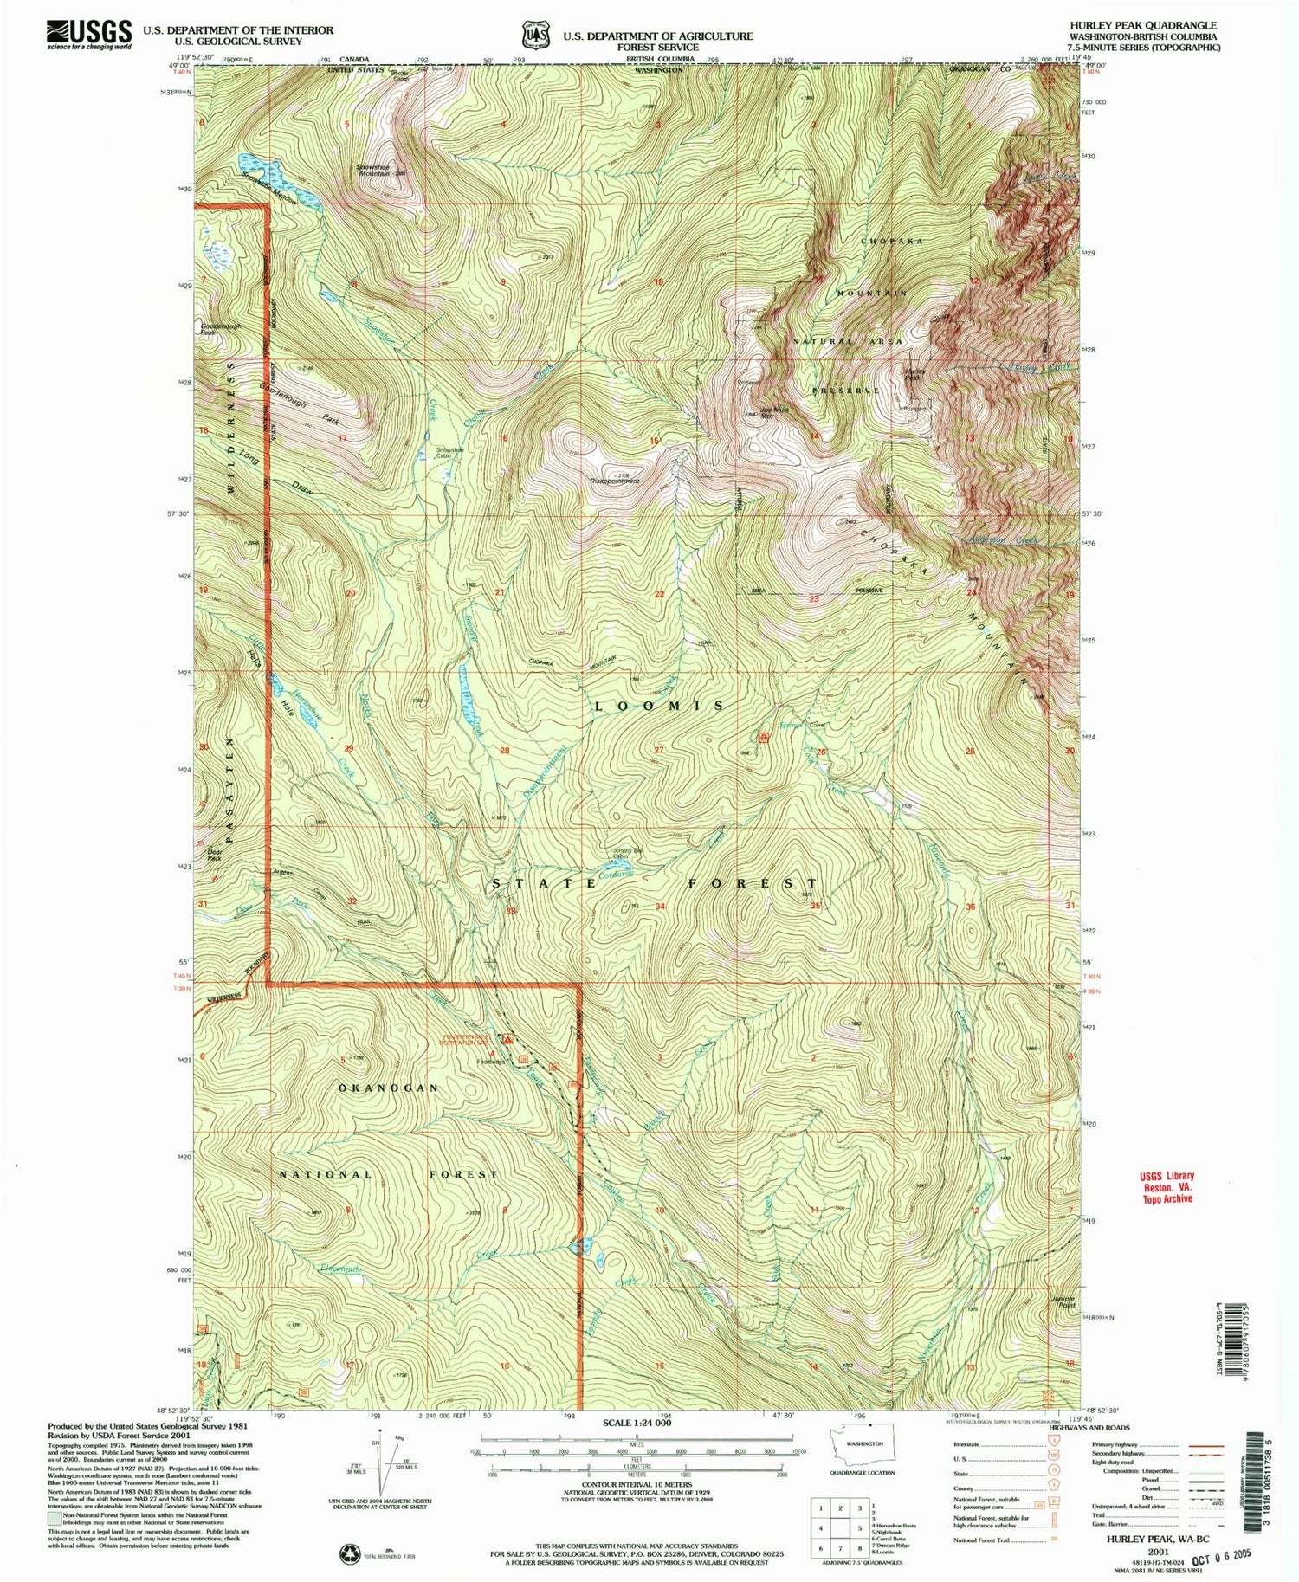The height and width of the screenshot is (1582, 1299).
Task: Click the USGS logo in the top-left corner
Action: click(89, 35)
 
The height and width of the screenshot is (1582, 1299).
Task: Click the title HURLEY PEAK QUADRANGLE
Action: click(1142, 26)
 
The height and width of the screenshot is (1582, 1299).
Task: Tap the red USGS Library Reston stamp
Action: click(1166, 1187)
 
